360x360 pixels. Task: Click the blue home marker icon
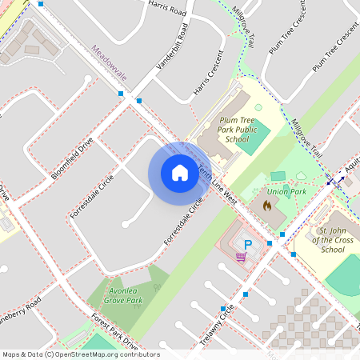point(179,173)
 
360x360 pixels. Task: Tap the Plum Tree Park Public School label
point(237,129)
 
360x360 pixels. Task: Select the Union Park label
point(287,193)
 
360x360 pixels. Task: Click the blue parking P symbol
point(248,244)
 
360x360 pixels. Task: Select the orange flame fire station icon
point(266,206)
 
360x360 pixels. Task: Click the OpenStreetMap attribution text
point(81,354)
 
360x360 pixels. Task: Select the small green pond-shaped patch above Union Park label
point(278,176)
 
